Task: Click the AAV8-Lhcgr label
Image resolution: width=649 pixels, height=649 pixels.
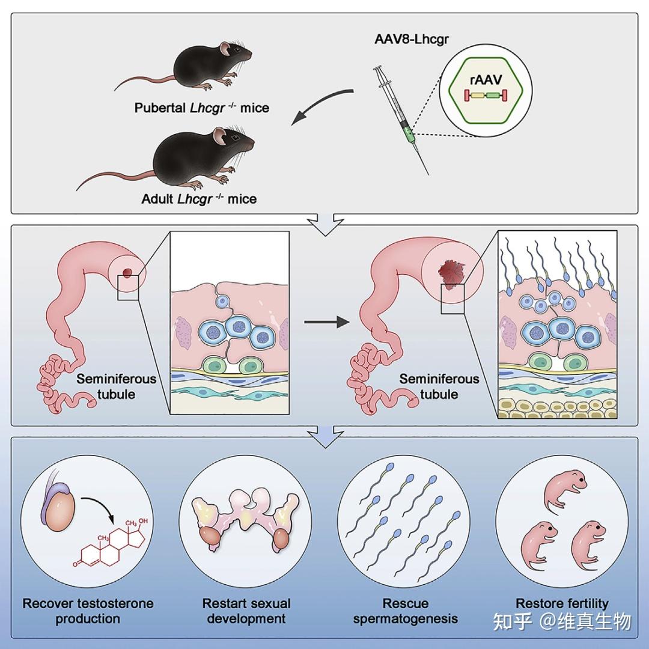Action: point(412,39)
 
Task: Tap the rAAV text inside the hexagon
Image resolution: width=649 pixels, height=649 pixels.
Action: point(486,79)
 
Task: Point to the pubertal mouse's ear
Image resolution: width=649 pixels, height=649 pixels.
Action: point(225,49)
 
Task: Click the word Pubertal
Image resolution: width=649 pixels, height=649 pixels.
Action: point(160,108)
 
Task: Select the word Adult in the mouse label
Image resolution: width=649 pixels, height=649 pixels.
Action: point(157,199)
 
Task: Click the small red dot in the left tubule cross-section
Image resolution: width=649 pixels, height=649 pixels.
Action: point(127,272)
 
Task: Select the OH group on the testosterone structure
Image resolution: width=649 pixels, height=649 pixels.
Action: point(143,520)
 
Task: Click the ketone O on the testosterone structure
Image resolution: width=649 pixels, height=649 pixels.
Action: point(75,564)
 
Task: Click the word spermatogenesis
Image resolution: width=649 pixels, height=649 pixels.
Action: point(405,619)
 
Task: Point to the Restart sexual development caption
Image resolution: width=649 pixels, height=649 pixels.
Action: point(246,611)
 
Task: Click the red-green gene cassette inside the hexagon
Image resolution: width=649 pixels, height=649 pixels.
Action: point(486,96)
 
